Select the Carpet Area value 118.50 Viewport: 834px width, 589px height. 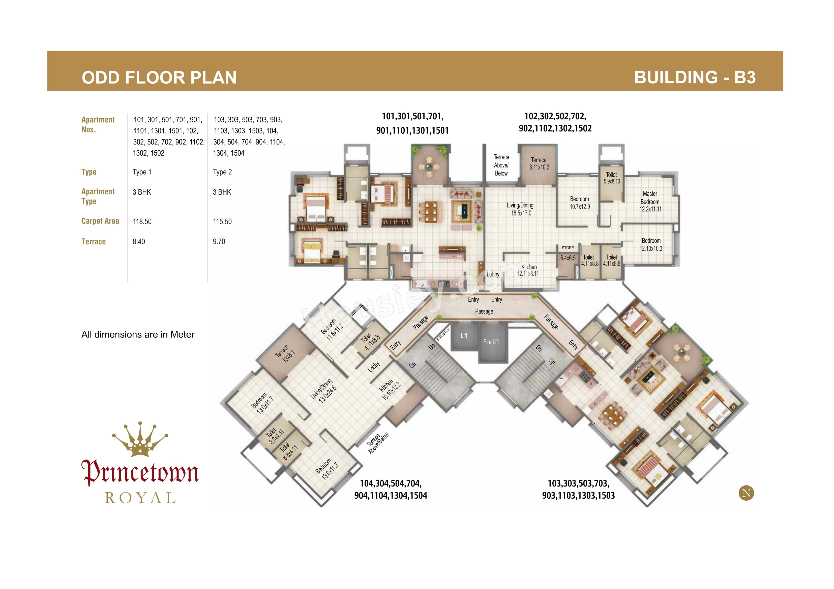tap(142, 221)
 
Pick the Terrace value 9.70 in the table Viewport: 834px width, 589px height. tap(219, 241)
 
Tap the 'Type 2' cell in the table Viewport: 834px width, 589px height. tap(222, 172)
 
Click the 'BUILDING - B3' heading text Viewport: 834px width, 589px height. tap(695, 77)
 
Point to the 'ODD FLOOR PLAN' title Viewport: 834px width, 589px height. tap(159, 78)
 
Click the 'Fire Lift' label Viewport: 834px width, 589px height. tap(491, 342)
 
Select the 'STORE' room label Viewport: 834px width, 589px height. tap(568, 248)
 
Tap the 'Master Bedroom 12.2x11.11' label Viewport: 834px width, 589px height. tap(650, 201)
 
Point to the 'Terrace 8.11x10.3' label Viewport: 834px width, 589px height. tap(539, 164)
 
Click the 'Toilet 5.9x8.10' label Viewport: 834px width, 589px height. tap(612, 178)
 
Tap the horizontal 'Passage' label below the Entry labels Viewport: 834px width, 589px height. tap(484, 311)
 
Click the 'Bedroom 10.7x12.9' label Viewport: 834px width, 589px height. tap(580, 203)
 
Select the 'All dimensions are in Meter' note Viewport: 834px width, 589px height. tap(138, 335)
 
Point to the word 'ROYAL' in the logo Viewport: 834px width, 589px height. tap(140, 498)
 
